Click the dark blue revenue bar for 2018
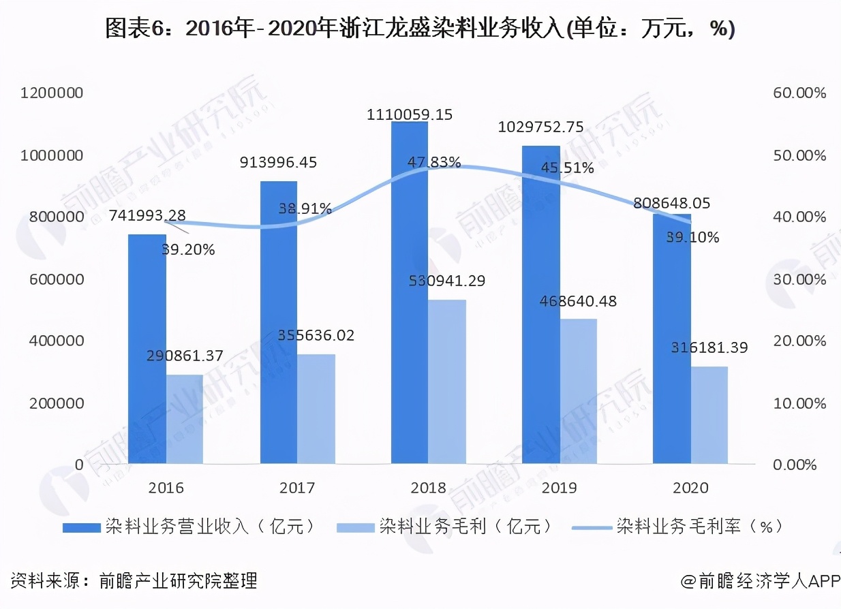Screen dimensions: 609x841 click(x=409, y=293)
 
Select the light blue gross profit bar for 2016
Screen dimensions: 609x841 click(x=185, y=419)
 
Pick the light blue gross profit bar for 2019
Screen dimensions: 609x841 click(x=579, y=391)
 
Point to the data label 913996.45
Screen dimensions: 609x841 click(x=278, y=162)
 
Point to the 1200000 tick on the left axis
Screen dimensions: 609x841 click(x=52, y=93)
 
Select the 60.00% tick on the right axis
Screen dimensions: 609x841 click(x=799, y=93)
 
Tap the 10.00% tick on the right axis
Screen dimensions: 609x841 click(x=799, y=403)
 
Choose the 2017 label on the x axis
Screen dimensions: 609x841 click(x=297, y=488)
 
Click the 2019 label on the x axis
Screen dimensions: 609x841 click(x=559, y=488)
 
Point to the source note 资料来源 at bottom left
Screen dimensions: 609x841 click(x=134, y=580)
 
